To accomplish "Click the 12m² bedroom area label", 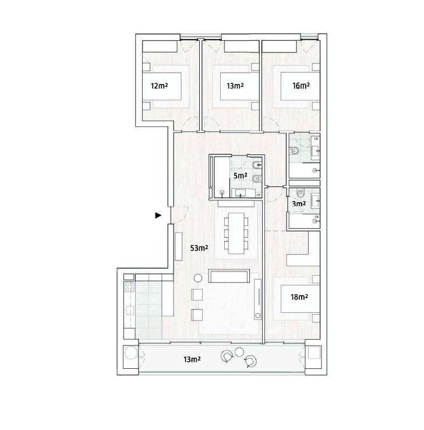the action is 159,86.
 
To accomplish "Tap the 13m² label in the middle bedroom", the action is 235,86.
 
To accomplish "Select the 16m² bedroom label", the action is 301,86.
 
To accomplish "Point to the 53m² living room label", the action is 199,248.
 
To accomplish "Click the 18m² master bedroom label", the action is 299,297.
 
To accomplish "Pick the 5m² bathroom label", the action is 241,175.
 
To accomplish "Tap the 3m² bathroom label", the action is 299,204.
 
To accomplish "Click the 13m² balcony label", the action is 192,359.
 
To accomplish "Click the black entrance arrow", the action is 158,216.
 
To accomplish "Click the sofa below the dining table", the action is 229,276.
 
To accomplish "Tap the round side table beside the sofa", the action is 197,279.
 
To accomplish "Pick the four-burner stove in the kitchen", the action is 130,287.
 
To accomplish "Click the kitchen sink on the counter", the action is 130,311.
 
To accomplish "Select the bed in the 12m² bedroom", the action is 162,86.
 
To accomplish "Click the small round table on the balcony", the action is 239,352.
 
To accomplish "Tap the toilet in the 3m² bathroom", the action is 301,193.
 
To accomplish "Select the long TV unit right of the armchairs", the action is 257,299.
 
